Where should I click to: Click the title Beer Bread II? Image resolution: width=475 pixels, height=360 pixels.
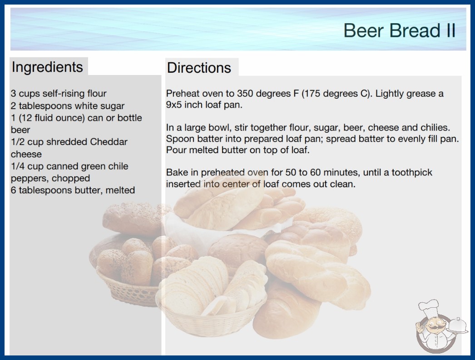point(399,30)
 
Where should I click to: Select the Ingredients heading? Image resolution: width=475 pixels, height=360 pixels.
point(47,67)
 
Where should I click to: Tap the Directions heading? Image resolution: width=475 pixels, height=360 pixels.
point(199,68)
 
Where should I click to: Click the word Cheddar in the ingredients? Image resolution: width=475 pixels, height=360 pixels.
point(109,142)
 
